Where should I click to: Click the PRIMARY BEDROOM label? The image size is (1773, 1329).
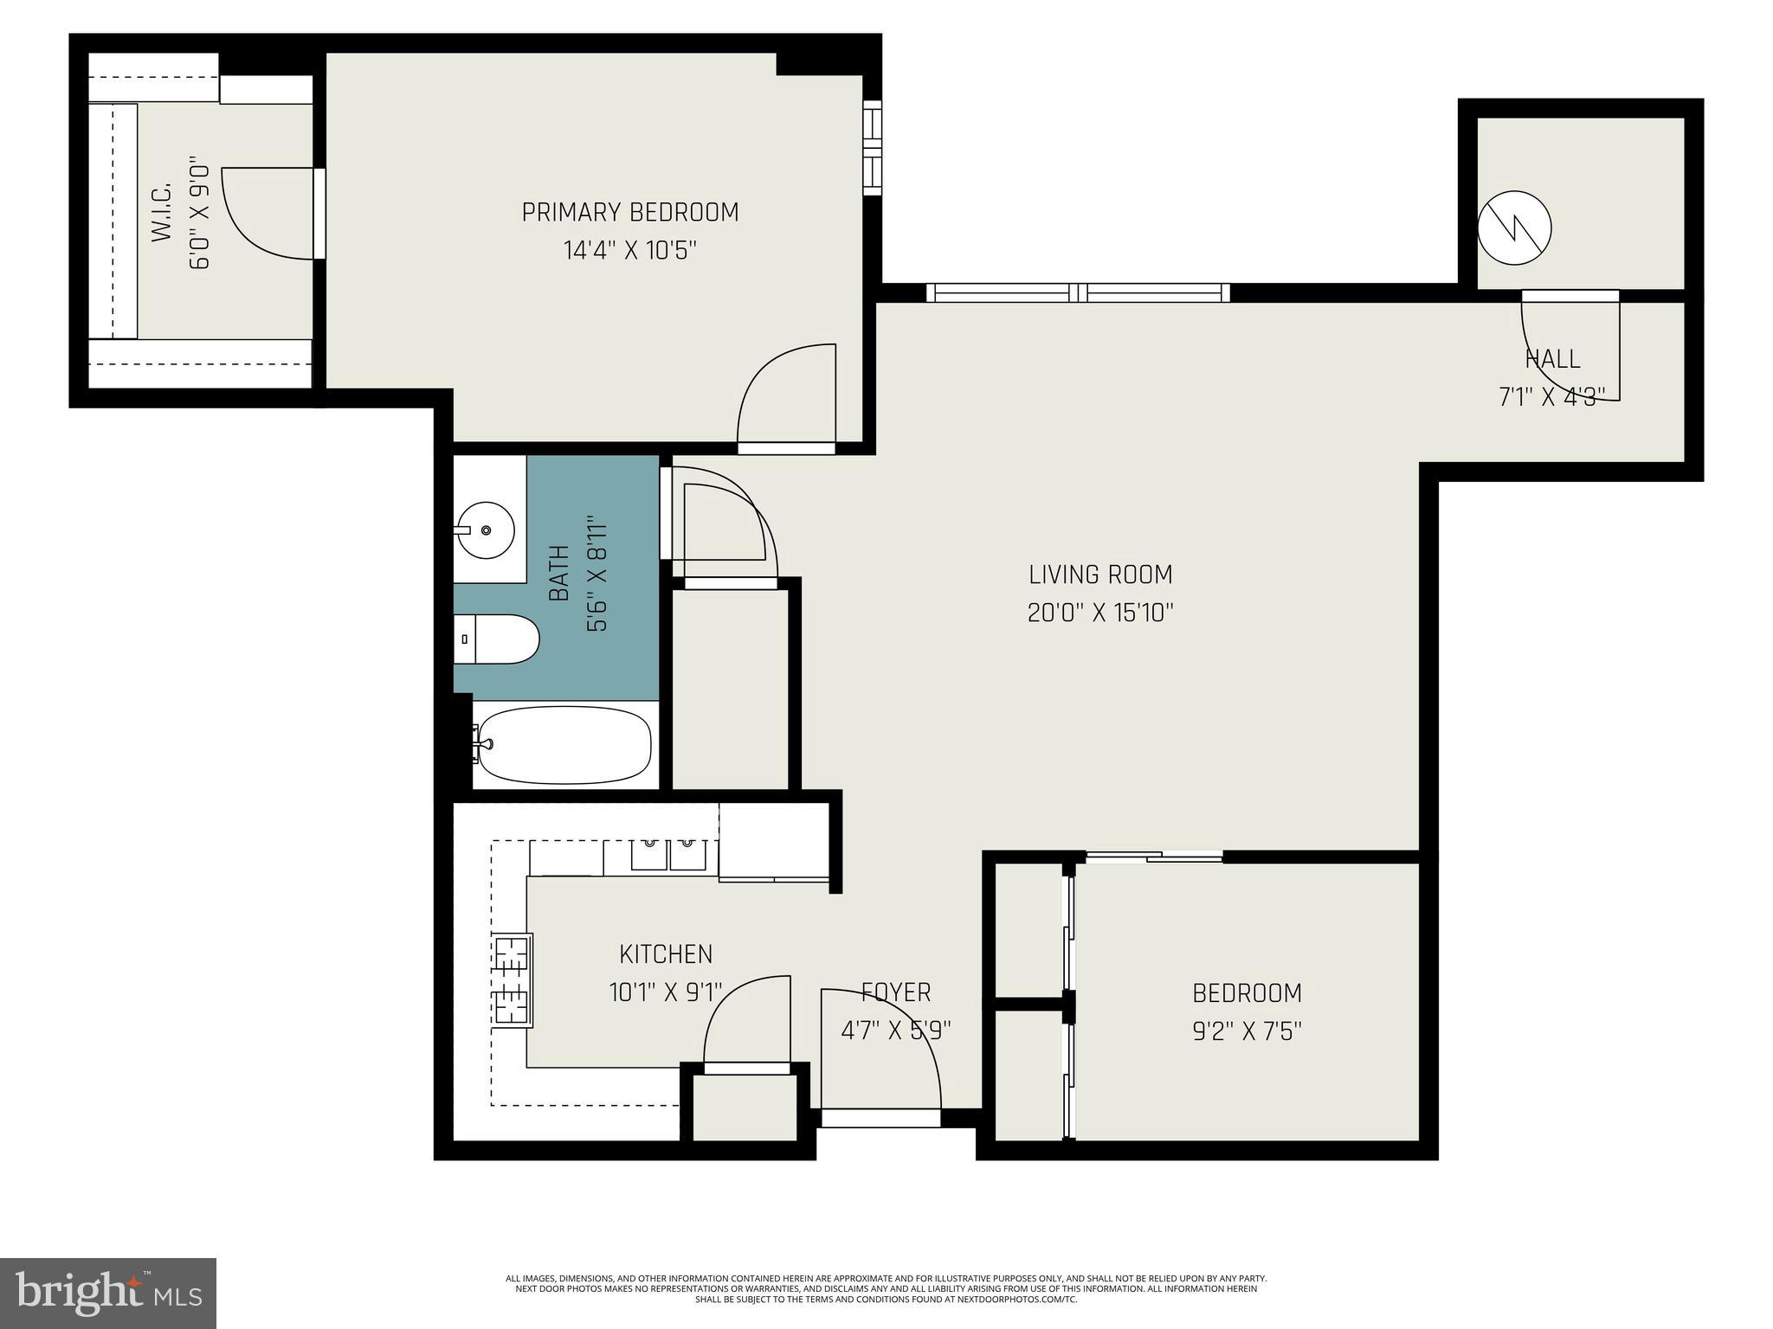[630, 212]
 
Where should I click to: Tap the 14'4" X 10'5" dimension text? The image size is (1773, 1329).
[630, 251]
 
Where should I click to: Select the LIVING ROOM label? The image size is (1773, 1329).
[1100, 575]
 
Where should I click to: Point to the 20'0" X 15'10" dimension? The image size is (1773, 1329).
[1100, 613]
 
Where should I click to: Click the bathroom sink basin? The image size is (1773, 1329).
[487, 530]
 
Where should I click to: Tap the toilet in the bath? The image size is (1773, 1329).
[496, 639]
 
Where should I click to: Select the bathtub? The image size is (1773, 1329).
[564, 746]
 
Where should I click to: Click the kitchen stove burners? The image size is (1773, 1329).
[512, 980]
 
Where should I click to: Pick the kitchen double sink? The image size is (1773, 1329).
[668, 855]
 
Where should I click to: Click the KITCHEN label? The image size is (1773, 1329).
[666, 954]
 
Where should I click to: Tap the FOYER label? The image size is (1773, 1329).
[896, 992]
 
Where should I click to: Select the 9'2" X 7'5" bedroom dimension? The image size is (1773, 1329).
[1248, 1031]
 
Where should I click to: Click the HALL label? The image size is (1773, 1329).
[1552, 358]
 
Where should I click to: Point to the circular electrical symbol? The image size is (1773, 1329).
[1514, 228]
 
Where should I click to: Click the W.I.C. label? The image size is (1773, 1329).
[162, 212]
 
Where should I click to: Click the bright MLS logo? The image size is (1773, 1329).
[108, 1294]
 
